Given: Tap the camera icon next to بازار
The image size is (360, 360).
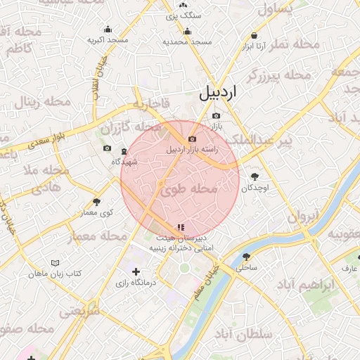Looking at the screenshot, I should click(217, 116).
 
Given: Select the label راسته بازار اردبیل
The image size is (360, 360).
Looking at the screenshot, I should click(192, 149).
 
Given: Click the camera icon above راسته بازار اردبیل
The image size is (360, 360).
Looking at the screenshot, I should click(192, 127).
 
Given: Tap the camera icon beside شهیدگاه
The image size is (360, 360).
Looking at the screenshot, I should click(107, 148).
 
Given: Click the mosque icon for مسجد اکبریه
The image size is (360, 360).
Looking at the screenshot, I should click(108, 30).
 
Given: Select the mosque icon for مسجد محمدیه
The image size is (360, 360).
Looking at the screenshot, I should click(187, 31).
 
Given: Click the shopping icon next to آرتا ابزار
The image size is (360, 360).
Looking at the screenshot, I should click(254, 36).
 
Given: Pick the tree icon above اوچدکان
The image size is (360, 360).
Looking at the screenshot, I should click(255, 176).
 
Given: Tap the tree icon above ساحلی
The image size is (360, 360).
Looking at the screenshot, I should click(246, 257).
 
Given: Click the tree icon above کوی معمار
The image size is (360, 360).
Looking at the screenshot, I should click(97, 202).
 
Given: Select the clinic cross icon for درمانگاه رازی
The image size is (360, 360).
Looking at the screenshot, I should click(136, 271).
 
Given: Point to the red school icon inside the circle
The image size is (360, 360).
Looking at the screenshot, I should click(181, 226).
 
